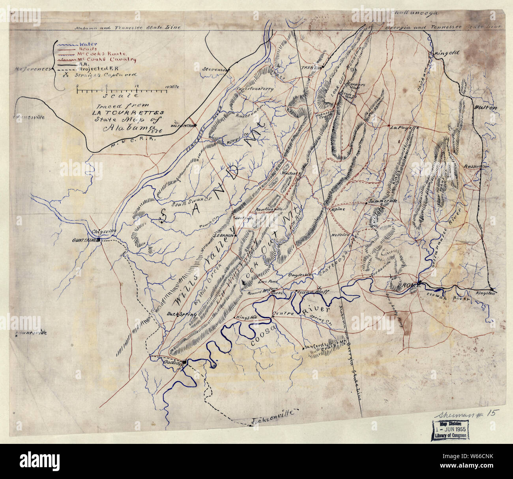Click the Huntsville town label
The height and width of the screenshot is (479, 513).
28,118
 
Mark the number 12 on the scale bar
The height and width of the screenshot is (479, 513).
136,86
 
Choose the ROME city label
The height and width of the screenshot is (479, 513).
410,284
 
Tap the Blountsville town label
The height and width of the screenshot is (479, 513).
30,333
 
